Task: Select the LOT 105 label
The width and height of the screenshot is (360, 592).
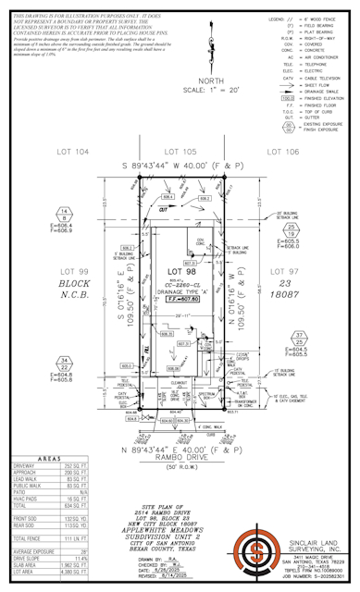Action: (x=180, y=150)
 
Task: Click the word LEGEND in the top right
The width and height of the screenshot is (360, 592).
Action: (x=279, y=18)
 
